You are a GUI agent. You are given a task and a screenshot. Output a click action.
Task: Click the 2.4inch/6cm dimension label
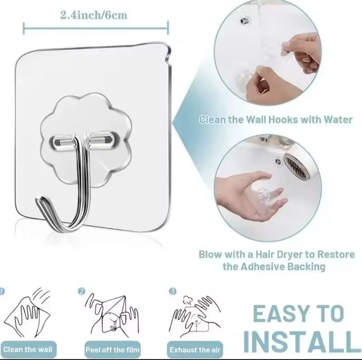coord(94,15)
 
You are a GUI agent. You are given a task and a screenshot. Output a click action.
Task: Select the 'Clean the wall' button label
coord(28,349)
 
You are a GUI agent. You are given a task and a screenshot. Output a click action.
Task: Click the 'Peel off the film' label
coord(112,350)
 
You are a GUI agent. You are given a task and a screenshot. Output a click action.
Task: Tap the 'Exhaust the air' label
coord(195,350)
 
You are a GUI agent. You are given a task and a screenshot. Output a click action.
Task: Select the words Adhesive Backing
coord(283,266)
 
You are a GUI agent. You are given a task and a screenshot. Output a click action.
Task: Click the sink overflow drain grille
coord(297,166)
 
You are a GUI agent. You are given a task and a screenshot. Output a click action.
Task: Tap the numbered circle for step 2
coord(81,291)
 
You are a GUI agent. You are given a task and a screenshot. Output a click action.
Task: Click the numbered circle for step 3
coord(173,291)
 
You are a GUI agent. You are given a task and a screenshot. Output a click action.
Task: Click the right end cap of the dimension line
coord(168,28)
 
